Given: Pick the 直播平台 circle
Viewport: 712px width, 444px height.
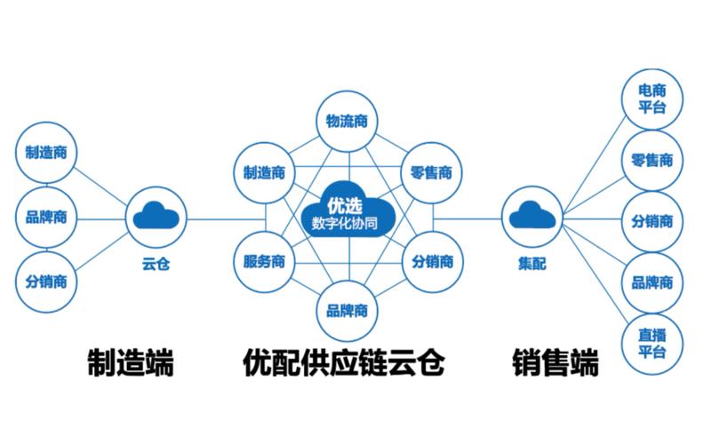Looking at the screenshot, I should click(x=653, y=342).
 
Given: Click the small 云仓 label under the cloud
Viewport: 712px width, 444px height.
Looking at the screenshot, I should click(x=155, y=264).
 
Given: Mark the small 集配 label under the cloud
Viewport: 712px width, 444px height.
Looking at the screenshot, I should click(x=532, y=264).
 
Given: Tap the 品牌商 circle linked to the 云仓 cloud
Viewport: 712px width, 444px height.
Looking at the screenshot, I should click(x=46, y=216).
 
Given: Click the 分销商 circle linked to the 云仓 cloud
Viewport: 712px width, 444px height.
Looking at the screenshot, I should click(x=46, y=282).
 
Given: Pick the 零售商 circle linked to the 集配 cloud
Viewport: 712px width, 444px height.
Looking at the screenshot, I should click(x=653, y=161).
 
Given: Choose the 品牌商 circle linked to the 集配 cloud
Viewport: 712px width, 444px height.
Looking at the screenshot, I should click(x=653, y=282).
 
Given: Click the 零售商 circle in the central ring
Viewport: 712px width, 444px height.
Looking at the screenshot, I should click(x=432, y=172).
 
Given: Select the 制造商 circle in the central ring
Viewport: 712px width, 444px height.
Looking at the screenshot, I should click(x=263, y=172).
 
